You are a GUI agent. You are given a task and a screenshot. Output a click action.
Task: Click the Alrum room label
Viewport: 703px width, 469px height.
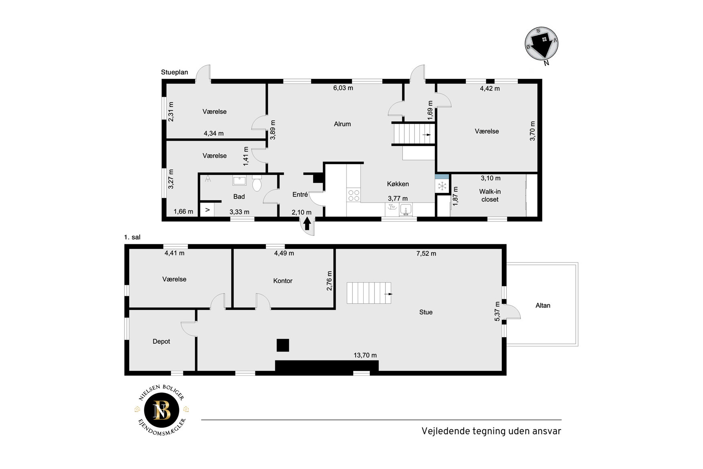[342, 124]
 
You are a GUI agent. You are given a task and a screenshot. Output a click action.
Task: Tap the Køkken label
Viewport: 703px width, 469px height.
[398, 184]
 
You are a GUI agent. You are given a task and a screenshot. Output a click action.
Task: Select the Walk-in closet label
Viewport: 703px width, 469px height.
[490, 195]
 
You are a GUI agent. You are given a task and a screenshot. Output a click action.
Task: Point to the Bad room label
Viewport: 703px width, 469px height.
[239, 197]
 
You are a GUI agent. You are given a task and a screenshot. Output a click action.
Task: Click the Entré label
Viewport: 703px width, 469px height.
[300, 195]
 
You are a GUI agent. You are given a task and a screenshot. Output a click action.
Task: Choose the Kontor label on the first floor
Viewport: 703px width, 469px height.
[283, 281]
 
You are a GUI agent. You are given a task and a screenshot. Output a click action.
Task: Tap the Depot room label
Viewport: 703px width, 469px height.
[161, 342]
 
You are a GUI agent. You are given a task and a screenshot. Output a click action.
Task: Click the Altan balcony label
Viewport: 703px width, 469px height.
[543, 305]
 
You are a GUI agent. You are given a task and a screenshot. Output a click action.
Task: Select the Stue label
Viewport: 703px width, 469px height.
[426, 312]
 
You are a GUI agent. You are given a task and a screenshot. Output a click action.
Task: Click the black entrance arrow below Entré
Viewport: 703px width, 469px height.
[307, 223]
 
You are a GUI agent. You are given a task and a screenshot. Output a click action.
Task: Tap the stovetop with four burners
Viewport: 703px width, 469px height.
[354, 195]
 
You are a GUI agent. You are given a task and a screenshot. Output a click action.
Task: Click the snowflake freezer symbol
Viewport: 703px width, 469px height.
[442, 186]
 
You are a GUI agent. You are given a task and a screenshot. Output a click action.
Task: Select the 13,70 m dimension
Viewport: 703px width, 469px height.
[365, 355]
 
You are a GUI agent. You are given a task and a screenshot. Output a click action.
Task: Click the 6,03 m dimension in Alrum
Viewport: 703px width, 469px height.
[343, 88]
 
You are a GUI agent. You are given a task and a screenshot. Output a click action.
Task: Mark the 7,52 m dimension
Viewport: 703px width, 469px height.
[426, 254]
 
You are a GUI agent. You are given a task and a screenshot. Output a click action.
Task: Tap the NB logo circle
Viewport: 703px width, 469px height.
[162, 410]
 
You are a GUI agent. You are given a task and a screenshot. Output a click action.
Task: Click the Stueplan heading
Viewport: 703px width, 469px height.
[174, 72]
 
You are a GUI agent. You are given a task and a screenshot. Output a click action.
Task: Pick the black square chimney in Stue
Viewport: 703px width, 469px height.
[283, 345]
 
